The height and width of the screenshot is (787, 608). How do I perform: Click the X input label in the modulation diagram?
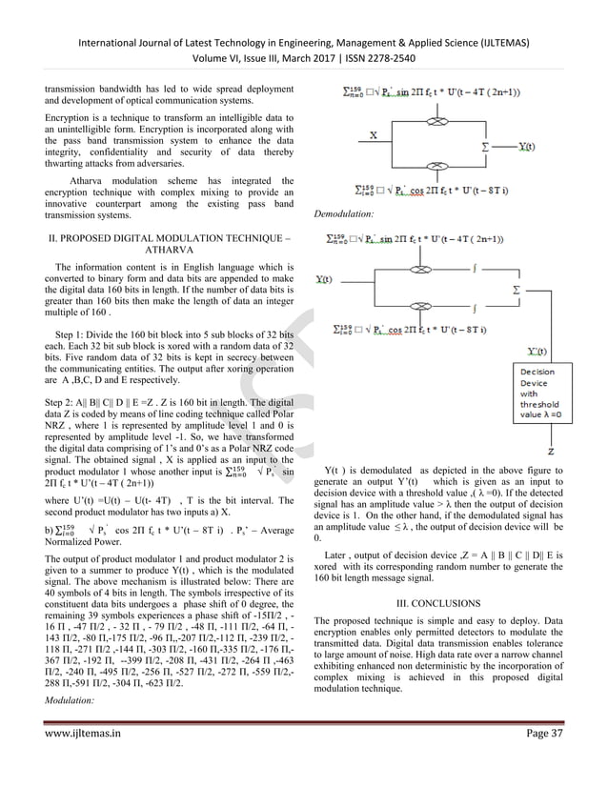pos(374,134)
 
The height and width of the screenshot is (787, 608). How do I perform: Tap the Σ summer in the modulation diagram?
pos(489,148)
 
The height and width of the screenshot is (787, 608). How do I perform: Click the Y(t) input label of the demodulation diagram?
pos(323,279)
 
